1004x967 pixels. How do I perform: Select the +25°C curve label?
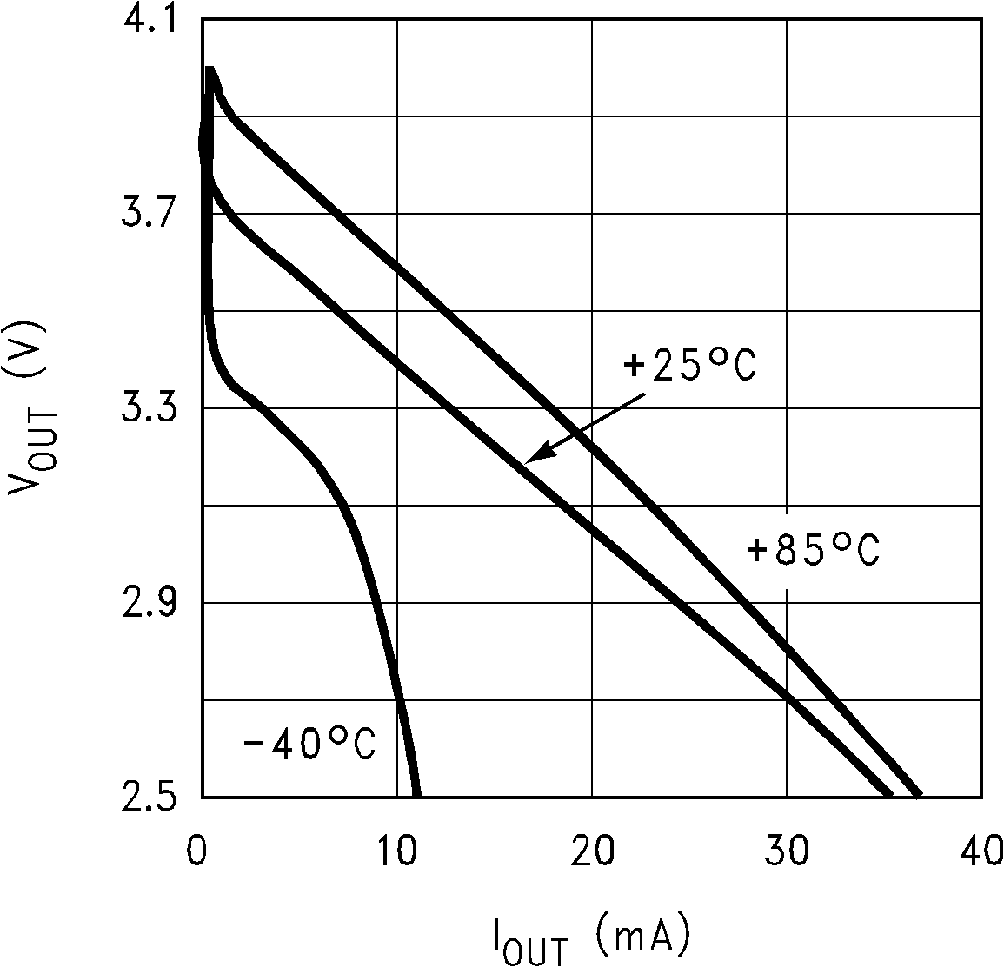coord(690,366)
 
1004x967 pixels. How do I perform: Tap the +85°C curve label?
coord(814,551)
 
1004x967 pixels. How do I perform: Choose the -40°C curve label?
coord(309,745)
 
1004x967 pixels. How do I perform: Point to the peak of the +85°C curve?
coord(209,70)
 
